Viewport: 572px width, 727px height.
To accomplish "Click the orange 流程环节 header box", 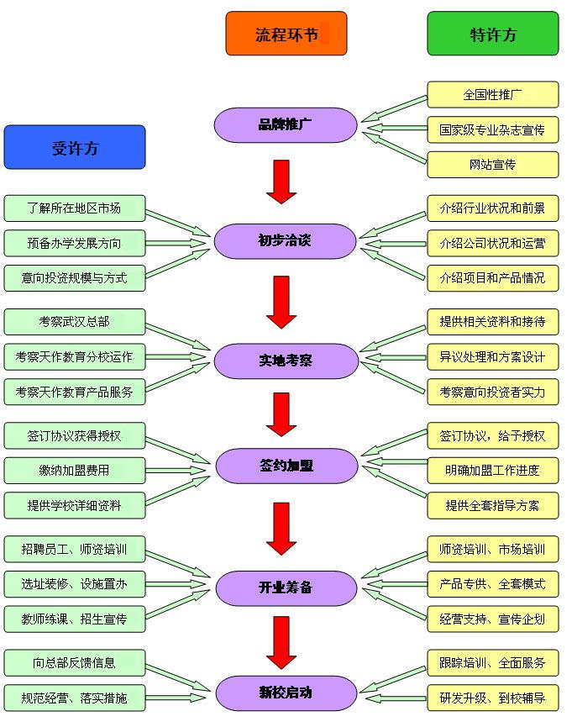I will pyautogui.click(x=286, y=34).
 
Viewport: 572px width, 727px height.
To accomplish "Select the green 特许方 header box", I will pyautogui.click(x=492, y=34).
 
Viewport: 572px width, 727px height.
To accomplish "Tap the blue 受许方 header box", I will pyautogui.click(x=75, y=148).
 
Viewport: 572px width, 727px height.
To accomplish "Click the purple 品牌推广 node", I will pyautogui.click(x=286, y=125).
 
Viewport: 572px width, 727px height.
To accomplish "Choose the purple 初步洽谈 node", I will pyautogui.click(x=286, y=241).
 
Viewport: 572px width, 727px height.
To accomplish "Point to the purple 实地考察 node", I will pyautogui.click(x=286, y=361).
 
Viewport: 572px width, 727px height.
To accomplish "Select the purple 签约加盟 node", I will pyautogui.click(x=286, y=465).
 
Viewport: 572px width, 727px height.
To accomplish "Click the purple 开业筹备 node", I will pyautogui.click(x=286, y=587).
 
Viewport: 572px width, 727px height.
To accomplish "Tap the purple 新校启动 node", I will pyautogui.click(x=286, y=693).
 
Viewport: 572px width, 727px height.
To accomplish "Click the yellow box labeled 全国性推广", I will pyautogui.click(x=492, y=94).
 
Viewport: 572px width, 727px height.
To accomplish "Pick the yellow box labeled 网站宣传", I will pyautogui.click(x=492, y=165).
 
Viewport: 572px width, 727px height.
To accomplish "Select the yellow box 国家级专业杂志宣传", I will pyautogui.click(x=492, y=129).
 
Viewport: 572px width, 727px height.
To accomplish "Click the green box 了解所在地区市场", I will pyautogui.click(x=74, y=208).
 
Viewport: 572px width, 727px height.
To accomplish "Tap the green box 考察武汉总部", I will pyautogui.click(x=74, y=321).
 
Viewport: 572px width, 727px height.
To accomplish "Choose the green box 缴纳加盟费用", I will pyautogui.click(x=74, y=470).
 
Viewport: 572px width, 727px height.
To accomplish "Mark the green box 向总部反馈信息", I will pyautogui.click(x=74, y=662).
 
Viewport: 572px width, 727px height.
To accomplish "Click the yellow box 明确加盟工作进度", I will pyautogui.click(x=492, y=470).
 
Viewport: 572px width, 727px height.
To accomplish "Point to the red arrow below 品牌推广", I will pyautogui.click(x=281, y=182).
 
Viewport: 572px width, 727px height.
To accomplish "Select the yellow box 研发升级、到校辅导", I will pyautogui.click(x=492, y=698).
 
